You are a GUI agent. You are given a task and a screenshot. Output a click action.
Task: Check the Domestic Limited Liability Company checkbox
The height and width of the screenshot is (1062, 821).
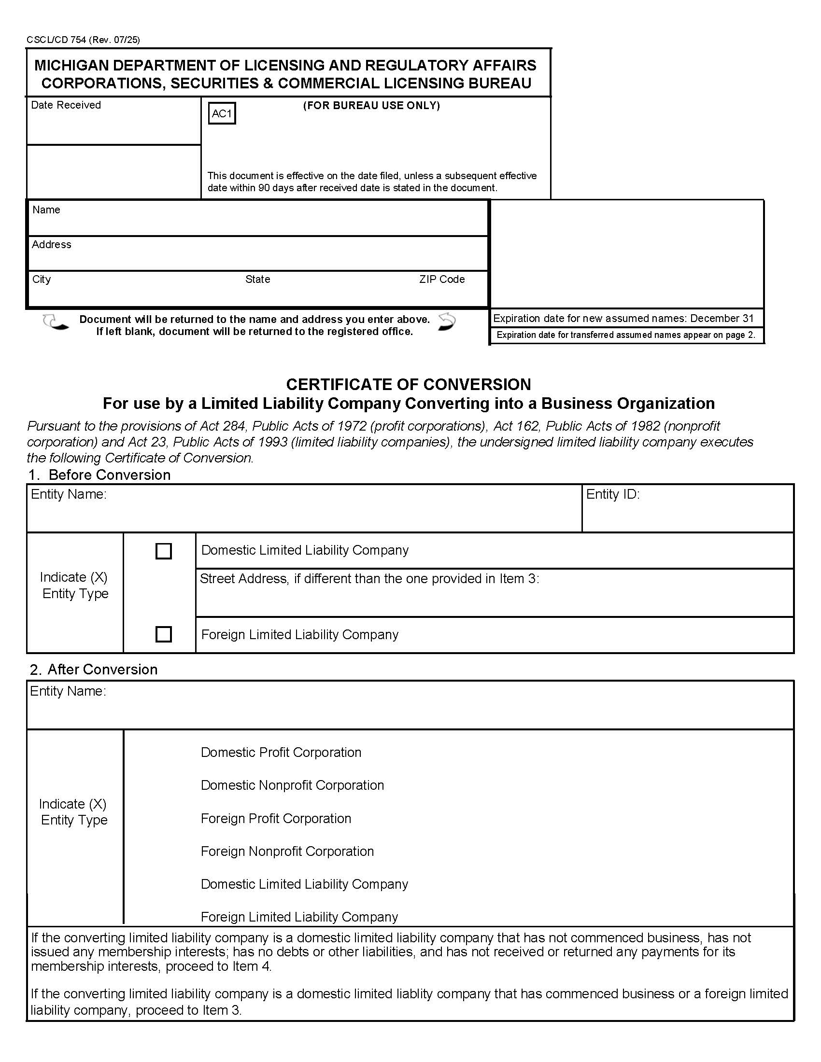click(163, 551)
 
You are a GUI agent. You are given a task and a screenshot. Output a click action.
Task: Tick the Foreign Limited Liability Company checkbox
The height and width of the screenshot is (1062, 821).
click(163, 634)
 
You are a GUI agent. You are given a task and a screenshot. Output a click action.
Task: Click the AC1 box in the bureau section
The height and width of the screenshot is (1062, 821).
click(222, 113)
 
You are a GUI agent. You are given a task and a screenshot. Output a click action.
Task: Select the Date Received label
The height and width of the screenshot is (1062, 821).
click(66, 105)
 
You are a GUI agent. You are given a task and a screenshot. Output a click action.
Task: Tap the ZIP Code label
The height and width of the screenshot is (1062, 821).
click(441, 279)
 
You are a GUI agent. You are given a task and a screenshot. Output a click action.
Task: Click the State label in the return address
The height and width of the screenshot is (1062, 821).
click(257, 279)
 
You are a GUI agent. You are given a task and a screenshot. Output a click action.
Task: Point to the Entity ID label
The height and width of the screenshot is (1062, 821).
click(612, 494)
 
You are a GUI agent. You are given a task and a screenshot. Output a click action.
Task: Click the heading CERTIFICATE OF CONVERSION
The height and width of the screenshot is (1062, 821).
click(408, 384)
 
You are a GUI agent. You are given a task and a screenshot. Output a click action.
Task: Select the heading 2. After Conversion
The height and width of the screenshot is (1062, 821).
click(93, 669)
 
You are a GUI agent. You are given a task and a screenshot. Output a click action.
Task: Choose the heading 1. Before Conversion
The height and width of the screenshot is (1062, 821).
click(99, 475)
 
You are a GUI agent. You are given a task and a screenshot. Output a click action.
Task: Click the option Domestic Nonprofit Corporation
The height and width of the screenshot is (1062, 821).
click(292, 785)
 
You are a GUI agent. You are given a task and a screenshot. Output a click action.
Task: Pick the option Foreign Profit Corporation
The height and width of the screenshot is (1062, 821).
click(276, 818)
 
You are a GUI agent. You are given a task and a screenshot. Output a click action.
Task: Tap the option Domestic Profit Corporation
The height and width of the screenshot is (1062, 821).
click(281, 752)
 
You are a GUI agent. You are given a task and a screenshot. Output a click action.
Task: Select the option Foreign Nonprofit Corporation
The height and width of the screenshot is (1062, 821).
click(287, 851)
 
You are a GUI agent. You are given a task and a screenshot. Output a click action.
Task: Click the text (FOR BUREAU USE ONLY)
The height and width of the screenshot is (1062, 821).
click(371, 106)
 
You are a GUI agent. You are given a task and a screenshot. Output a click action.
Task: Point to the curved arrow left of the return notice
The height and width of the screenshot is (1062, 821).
click(55, 322)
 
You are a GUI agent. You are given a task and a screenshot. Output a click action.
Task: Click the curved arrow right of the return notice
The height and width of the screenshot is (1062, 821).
click(447, 322)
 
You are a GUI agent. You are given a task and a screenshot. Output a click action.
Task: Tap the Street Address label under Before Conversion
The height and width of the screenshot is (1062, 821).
click(369, 578)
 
